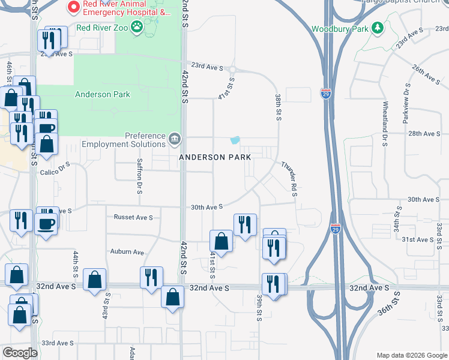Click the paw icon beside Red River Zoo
pos(137,26)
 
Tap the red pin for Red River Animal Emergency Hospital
pos(73,7)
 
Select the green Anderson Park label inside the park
pos(103,94)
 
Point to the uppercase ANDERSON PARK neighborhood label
pos(214,157)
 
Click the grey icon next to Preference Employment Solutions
pos(175,139)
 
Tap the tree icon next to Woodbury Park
pos(377,28)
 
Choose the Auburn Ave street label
pos(127,252)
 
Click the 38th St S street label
pos(278,107)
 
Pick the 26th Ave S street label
pos(426,74)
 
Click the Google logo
pos(20,353)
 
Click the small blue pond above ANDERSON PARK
pos(235,140)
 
